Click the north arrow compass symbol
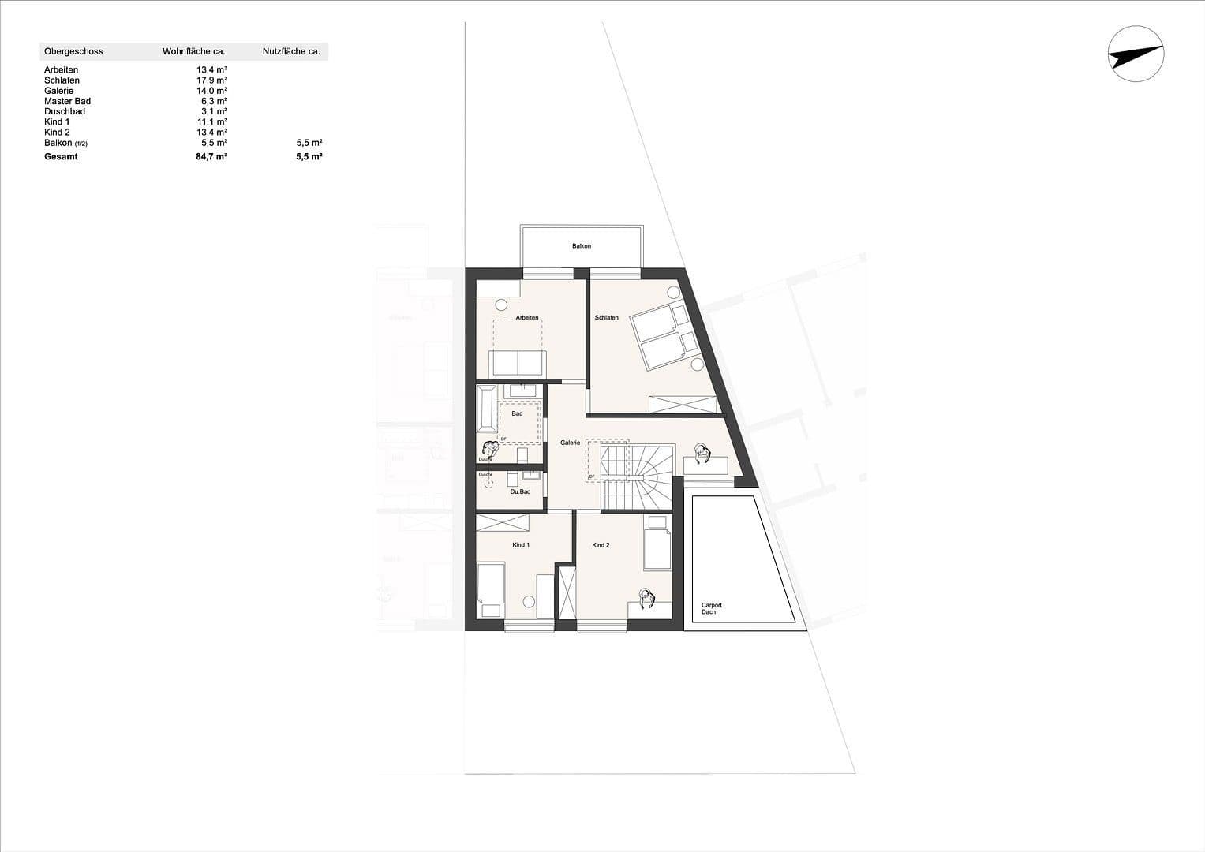point(1136,54)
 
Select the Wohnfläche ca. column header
point(193,51)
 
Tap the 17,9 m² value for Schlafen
point(211,80)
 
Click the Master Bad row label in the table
point(67,101)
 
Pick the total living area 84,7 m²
point(211,157)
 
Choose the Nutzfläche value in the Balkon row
point(309,143)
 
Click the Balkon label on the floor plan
point(581,246)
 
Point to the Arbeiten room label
point(527,318)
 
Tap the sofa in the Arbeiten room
point(517,363)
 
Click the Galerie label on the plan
point(570,443)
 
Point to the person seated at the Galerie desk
point(702,454)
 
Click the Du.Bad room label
point(520,491)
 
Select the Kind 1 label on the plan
point(521,545)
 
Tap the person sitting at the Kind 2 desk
point(646,599)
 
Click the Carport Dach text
point(711,608)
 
